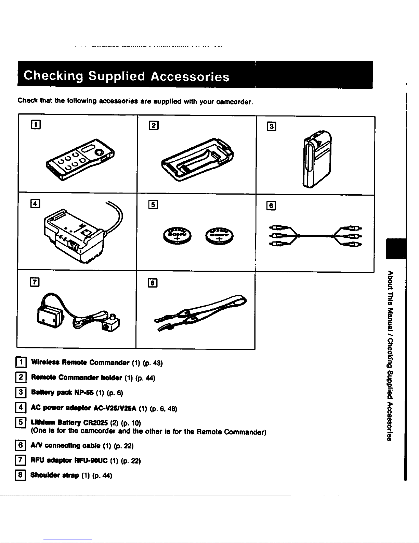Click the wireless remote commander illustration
[x=80, y=159]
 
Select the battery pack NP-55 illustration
[x=317, y=159]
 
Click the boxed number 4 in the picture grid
[x=35, y=203]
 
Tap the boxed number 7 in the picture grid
[x=35, y=282]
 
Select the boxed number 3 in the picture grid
[x=272, y=126]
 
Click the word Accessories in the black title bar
[x=190, y=76]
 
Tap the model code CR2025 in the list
[x=95, y=422]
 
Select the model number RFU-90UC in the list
[x=91, y=460]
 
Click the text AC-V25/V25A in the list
[x=115, y=408]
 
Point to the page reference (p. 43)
[x=153, y=363]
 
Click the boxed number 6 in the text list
[x=21, y=445]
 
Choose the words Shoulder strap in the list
[x=55, y=475]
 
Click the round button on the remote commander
[x=99, y=152]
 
